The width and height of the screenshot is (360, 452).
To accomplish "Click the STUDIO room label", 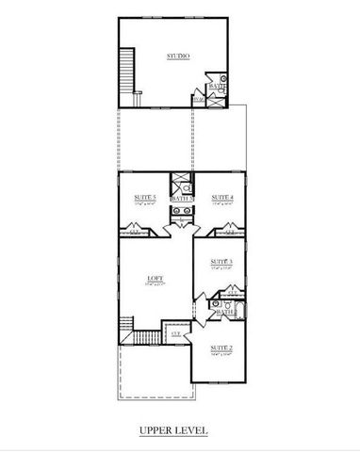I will (x=178, y=57).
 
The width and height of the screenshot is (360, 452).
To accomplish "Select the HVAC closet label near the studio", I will (x=198, y=98).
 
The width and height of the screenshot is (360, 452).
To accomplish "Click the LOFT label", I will (x=155, y=279).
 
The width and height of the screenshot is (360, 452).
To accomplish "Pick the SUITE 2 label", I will (x=221, y=347).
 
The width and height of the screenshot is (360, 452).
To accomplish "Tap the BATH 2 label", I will (x=224, y=311).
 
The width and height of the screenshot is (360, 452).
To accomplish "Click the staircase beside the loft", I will (x=143, y=334).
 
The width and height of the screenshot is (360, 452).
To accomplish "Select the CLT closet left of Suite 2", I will (x=176, y=332).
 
